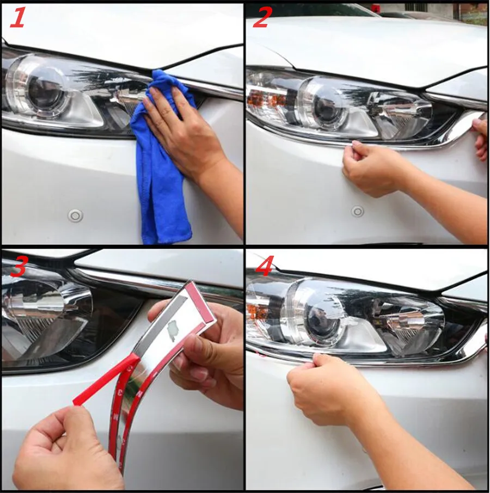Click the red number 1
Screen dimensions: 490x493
click(x=17, y=19)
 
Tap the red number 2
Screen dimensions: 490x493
click(x=261, y=19)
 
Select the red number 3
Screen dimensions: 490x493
click(x=19, y=266)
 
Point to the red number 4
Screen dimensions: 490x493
click(x=265, y=266)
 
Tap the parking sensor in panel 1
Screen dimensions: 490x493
click(x=75, y=215)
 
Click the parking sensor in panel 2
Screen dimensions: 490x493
click(x=357, y=211)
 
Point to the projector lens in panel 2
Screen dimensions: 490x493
click(x=327, y=108)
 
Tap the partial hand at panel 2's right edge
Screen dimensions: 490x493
click(x=480, y=138)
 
